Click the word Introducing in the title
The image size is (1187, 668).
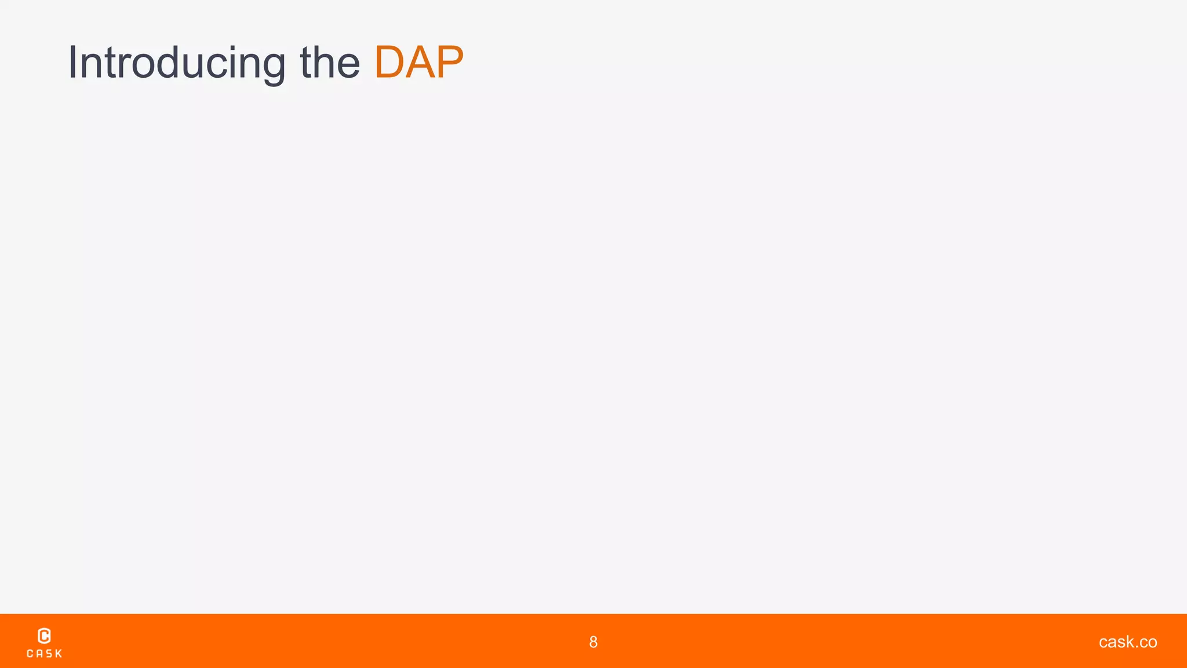pyautogui.click(x=177, y=63)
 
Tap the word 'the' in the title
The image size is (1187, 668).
pyautogui.click(x=330, y=63)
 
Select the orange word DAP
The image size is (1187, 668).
pyautogui.click(x=419, y=63)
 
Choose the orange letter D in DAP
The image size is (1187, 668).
pyautogui.click(x=389, y=63)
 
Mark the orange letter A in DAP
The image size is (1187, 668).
pyautogui.click(x=420, y=63)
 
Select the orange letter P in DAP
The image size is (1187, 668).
pyautogui.click(x=449, y=63)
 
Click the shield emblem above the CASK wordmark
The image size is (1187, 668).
pyautogui.click(x=44, y=636)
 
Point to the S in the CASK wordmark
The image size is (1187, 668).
pyautogui.click(x=49, y=654)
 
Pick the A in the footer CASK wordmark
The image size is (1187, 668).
pyautogui.click(x=39, y=654)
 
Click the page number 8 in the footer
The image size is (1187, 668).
pyautogui.click(x=593, y=642)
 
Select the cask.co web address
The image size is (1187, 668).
pyautogui.click(x=1128, y=642)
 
